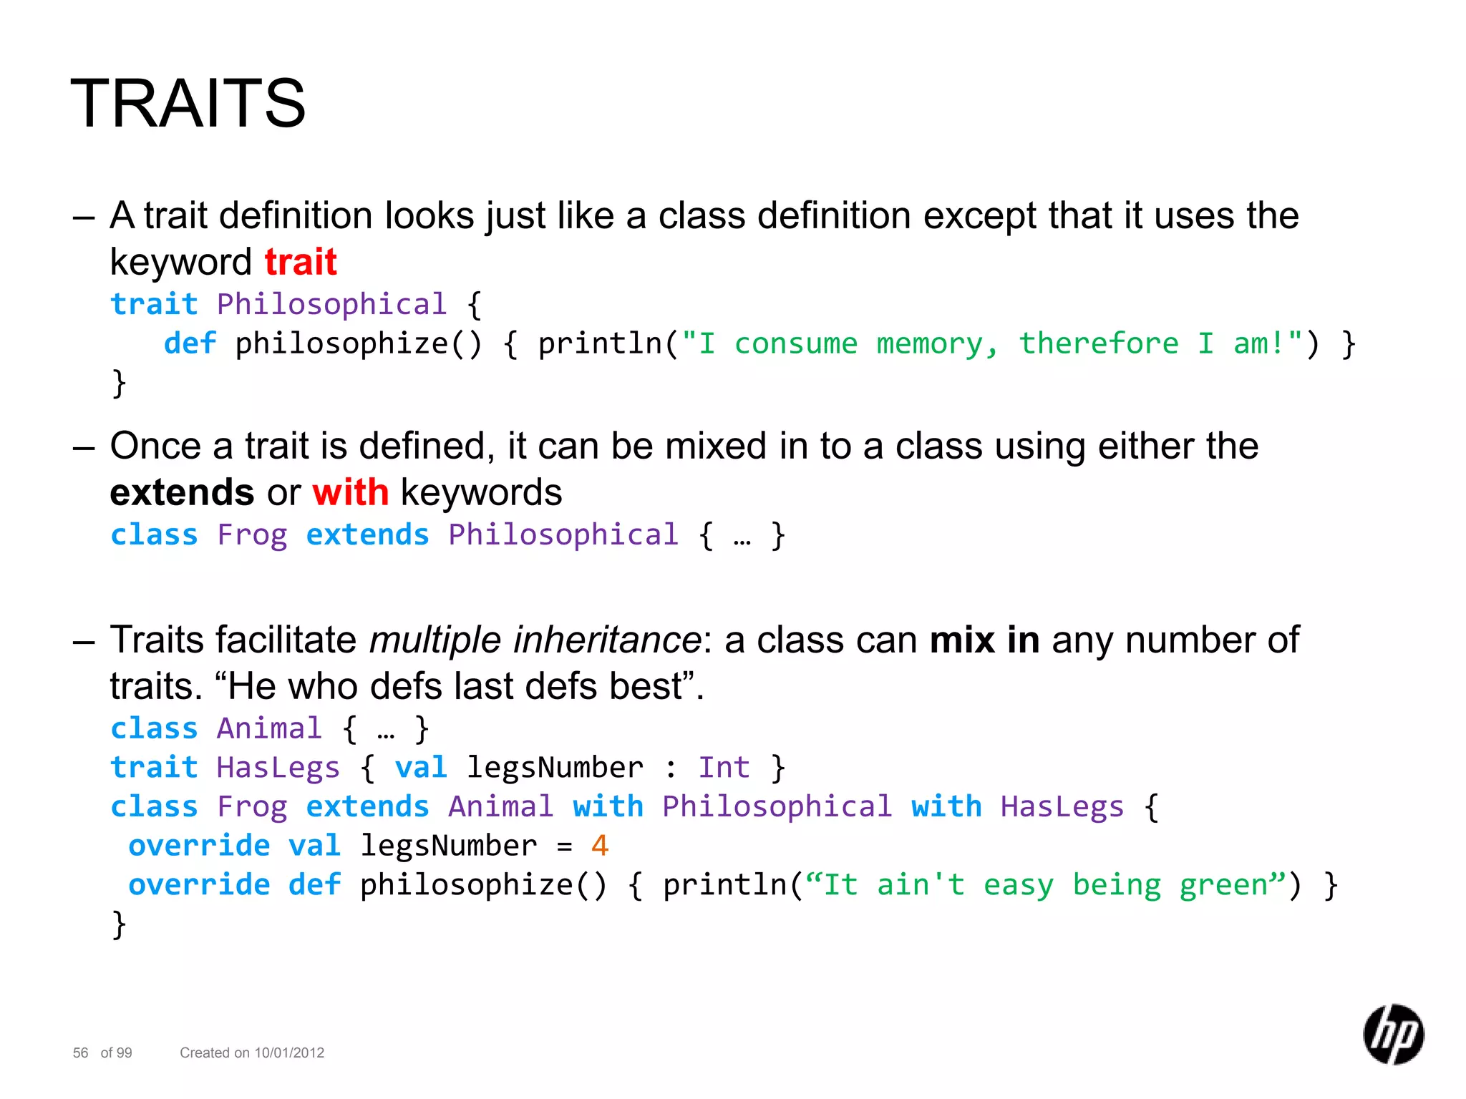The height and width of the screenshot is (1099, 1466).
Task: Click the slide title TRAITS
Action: point(188,104)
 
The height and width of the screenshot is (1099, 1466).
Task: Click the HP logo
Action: point(1393,1034)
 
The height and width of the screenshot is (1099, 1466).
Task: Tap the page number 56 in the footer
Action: point(80,1052)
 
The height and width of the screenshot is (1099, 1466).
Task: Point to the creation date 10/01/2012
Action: point(289,1052)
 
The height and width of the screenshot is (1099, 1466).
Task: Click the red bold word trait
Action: point(300,262)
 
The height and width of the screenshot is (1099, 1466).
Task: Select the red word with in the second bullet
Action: point(350,492)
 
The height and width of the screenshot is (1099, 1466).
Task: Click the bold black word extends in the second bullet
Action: point(182,492)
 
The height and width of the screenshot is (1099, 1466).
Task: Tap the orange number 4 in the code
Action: point(599,846)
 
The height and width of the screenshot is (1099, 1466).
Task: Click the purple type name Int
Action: point(724,768)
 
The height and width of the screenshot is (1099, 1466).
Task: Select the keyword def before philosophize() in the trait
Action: point(190,344)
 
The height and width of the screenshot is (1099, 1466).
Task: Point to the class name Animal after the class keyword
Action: point(269,729)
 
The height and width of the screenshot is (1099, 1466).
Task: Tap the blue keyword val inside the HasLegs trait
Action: point(421,768)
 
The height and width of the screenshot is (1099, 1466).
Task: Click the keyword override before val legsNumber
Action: point(199,846)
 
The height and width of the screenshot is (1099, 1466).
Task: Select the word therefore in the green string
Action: point(1098,344)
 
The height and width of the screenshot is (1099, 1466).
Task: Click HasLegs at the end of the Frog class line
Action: point(1062,807)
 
